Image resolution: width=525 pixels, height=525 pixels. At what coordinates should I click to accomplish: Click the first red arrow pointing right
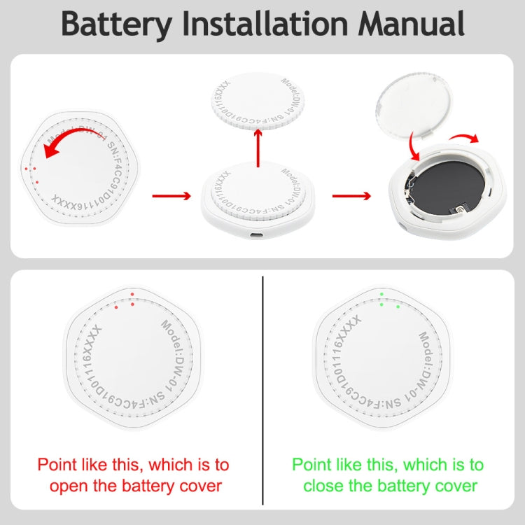[x=171, y=195]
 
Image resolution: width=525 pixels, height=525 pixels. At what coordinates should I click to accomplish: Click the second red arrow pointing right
[x=351, y=195]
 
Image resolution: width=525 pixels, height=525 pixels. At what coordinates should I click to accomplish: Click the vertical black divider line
[x=262, y=389]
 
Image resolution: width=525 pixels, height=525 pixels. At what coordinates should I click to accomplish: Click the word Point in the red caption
[x=57, y=464]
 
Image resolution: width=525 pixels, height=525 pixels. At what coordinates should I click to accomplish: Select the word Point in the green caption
[x=312, y=464]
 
